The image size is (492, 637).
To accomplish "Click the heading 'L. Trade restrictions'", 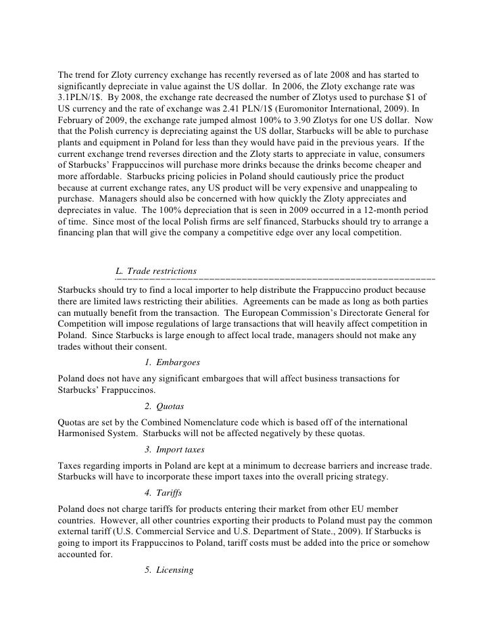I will tap(156, 271).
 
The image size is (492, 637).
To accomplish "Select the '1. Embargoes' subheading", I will tap(172, 362).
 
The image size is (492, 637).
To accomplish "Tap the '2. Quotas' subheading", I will tap(164, 406).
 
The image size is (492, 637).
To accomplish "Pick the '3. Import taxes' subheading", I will tap(174, 450).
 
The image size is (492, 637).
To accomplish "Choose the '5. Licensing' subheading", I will tap(169, 569).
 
